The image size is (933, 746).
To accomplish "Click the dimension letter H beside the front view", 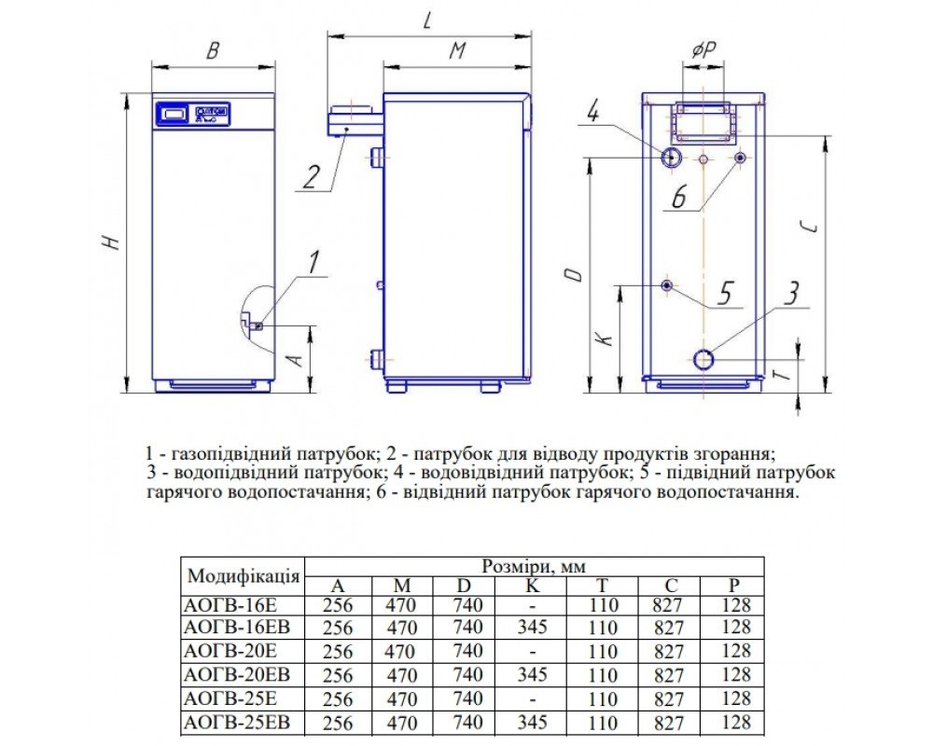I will coord(112,242).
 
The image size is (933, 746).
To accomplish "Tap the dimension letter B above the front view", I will coord(213,51).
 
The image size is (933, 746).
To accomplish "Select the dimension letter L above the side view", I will coord(427,20).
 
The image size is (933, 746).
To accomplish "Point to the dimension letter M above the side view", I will coord(456,51).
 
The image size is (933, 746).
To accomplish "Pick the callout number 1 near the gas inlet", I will coord(313,262).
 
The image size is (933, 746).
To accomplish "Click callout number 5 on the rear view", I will coord(724,294).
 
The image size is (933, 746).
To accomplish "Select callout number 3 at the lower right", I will coord(790,294).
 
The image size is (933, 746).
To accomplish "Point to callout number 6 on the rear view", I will coord(679,196).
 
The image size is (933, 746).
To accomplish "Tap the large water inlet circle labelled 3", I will coord(704,358).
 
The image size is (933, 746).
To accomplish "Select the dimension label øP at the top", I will coord(703,51).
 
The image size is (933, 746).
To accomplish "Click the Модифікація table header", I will coord(244,574).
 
